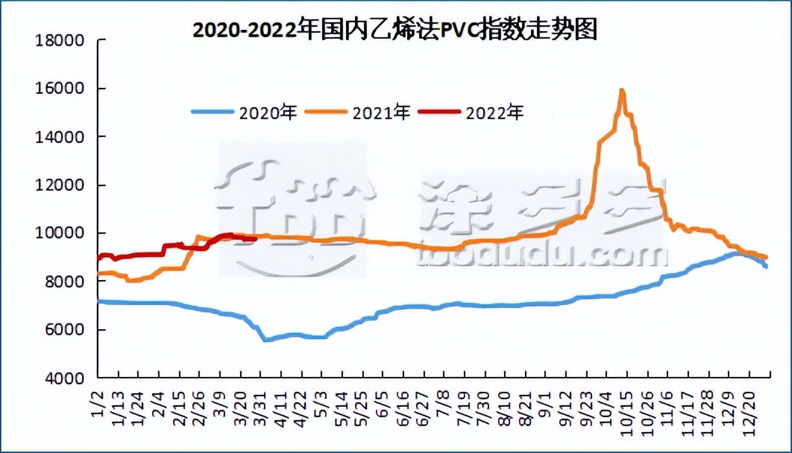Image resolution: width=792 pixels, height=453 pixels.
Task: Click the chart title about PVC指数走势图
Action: tap(395, 30)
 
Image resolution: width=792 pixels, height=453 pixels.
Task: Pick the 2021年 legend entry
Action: tap(381, 113)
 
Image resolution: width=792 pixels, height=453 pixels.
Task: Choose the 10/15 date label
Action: tap(620, 408)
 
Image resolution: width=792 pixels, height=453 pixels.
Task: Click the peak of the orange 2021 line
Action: tap(621, 91)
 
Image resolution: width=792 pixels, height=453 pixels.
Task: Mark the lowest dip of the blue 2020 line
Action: tap(265, 340)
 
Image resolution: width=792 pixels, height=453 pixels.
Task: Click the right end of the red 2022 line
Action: tap(255, 239)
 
